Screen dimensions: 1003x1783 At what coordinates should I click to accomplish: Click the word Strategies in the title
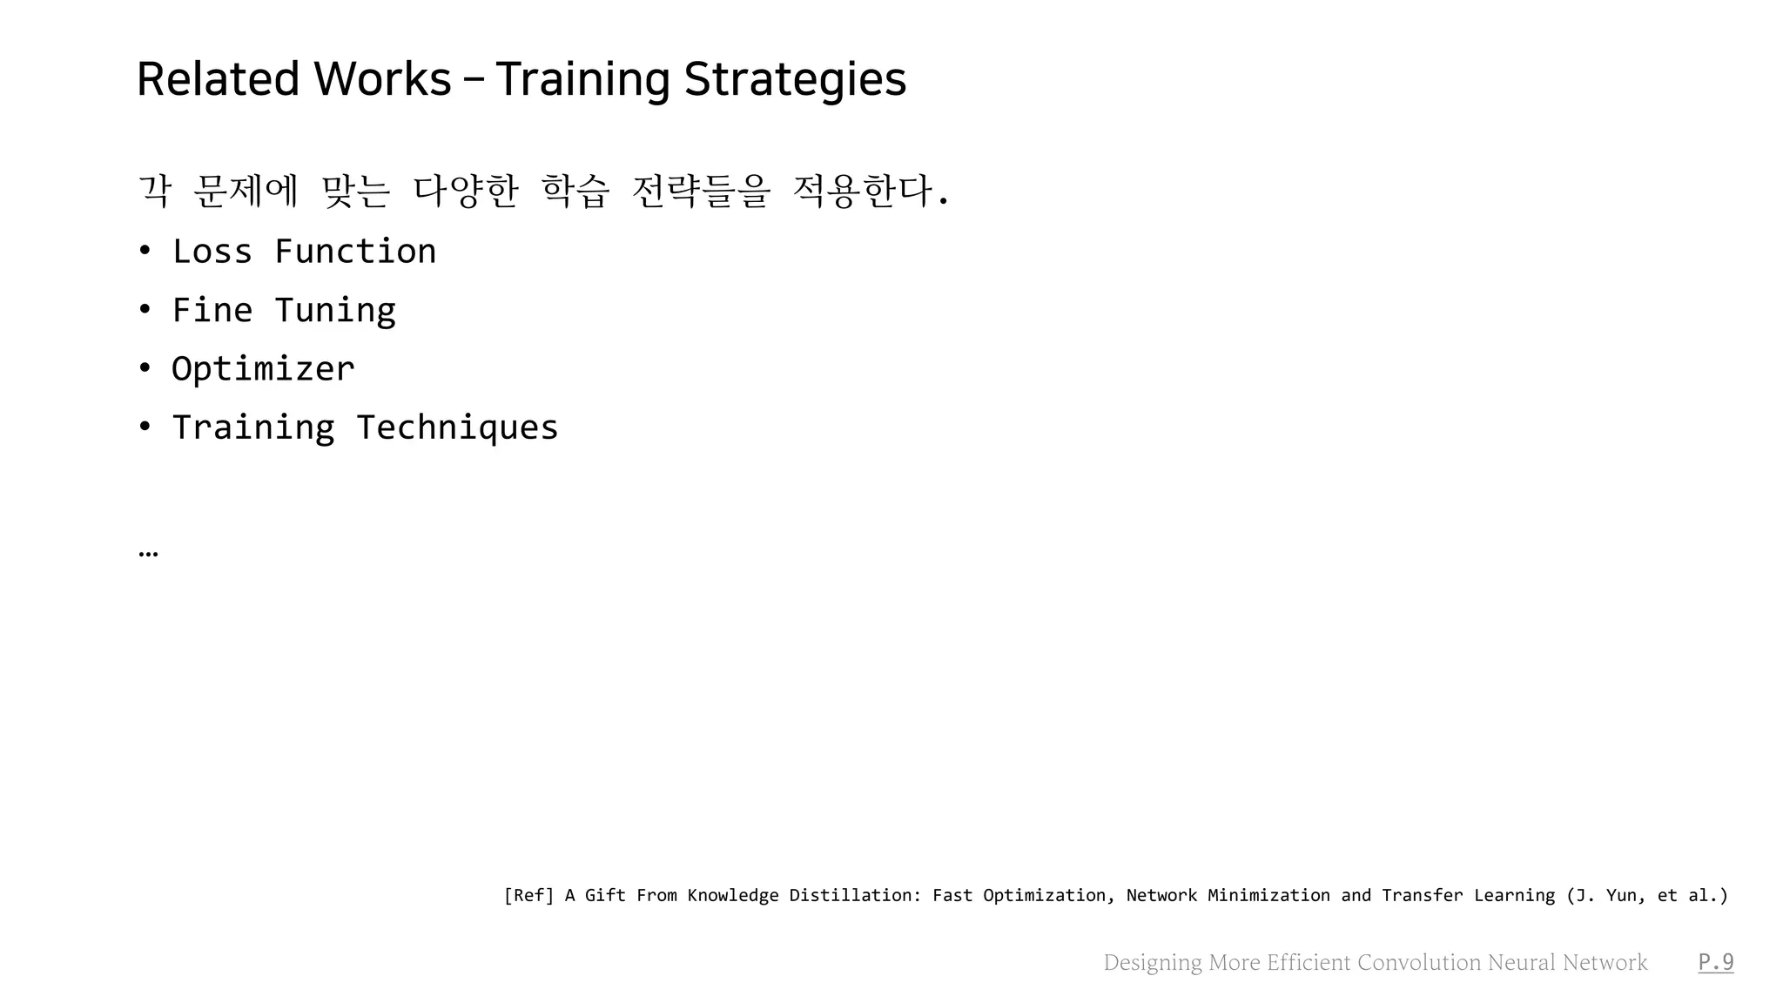tap(795, 79)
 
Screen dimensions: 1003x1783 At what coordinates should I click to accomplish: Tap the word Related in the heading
tap(219, 79)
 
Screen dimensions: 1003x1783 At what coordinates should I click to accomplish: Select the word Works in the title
tap(382, 79)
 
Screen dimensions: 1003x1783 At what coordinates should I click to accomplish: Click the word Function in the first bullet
tap(355, 252)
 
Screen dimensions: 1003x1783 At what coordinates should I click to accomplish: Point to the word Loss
tap(212, 252)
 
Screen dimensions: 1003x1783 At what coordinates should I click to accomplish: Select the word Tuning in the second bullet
tap(335, 311)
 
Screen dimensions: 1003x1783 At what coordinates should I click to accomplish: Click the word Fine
tap(212, 311)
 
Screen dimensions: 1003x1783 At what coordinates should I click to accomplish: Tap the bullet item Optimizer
tap(263, 369)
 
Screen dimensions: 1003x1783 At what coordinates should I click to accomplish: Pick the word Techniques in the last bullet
tap(457, 427)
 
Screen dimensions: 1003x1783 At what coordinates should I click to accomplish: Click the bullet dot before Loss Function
tap(145, 252)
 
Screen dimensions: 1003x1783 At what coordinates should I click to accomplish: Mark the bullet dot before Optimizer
tap(145, 369)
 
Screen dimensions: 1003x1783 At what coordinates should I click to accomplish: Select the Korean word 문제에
tap(246, 191)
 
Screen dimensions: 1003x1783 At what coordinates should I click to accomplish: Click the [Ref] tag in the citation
tap(528, 895)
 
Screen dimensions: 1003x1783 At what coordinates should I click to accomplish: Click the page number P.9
tap(1716, 962)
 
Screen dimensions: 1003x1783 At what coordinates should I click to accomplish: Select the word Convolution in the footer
tap(1419, 962)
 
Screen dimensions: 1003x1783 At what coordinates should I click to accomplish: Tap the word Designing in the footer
tap(1153, 962)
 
